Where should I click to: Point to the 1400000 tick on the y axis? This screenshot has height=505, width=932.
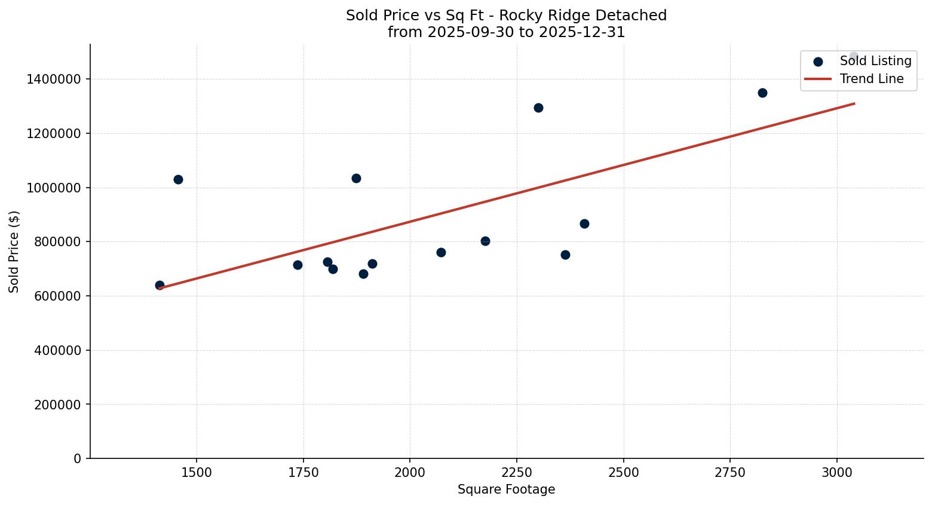54,79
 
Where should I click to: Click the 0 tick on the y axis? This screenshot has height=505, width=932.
78,458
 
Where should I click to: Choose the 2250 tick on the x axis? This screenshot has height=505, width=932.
517,472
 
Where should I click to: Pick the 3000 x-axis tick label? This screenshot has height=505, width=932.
837,472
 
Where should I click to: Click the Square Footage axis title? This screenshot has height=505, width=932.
506,490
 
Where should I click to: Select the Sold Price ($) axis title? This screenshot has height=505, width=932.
14,252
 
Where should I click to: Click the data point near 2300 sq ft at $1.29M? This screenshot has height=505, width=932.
538,108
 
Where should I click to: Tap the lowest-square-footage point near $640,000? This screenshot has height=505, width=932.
160,285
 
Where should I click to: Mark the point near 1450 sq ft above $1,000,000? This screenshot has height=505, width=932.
178,179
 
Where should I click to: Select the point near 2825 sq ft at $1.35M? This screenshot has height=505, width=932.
762,93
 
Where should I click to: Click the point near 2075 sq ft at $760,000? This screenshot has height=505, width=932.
441,252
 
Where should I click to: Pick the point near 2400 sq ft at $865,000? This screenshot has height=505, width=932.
584,224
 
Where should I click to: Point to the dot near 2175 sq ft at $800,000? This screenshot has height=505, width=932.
485,241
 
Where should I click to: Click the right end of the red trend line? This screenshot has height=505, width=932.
854,103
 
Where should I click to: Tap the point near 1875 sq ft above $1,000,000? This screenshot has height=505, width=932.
356,178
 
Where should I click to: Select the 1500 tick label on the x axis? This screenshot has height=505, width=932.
197,472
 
